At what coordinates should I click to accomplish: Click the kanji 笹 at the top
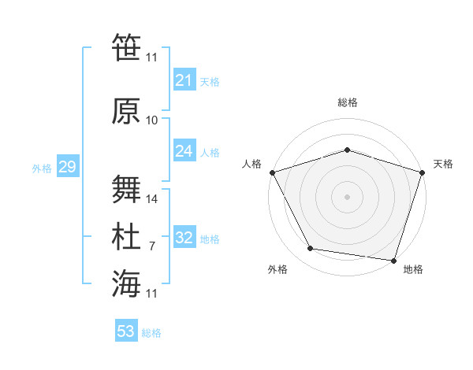click(126, 46)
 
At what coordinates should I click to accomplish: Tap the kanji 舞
click(126, 190)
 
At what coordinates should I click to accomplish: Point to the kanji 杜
click(126, 237)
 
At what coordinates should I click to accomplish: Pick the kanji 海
click(126, 284)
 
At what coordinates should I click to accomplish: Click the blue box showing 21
click(184, 80)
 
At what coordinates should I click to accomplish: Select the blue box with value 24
click(184, 151)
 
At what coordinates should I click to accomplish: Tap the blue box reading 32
click(184, 238)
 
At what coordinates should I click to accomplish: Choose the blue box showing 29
click(67, 167)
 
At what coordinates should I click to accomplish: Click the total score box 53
click(126, 331)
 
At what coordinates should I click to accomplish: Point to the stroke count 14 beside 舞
click(152, 199)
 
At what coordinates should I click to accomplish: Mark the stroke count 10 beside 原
click(152, 120)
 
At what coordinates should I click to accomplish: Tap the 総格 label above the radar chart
click(347, 102)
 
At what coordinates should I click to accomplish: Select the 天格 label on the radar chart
click(444, 164)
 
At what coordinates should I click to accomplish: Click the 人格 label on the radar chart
click(251, 164)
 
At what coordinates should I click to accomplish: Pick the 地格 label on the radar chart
click(413, 269)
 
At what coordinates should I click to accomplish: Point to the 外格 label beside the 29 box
click(41, 168)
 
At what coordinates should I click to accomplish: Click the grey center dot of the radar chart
click(347, 196)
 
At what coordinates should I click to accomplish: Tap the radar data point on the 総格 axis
click(347, 150)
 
